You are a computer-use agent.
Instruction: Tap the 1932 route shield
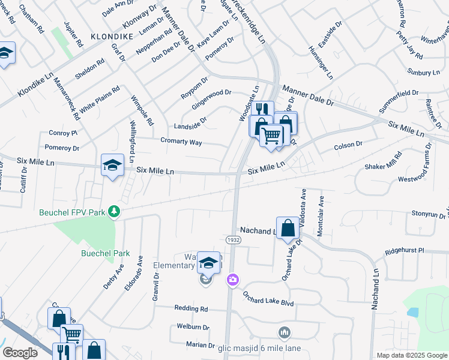[x=234, y=239]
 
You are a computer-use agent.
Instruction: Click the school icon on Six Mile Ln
[x=112, y=166]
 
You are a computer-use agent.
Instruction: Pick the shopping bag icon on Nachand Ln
[x=288, y=228]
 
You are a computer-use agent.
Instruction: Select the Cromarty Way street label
[x=181, y=142]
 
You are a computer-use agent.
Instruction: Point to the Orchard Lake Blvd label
[x=268, y=299]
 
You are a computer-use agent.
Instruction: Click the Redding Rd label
[x=191, y=308]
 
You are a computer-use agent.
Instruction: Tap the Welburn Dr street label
[x=193, y=328]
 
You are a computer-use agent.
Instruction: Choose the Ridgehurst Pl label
[x=405, y=250]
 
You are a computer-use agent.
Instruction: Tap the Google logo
[x=20, y=352]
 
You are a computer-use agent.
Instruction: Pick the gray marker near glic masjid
[x=285, y=332]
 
